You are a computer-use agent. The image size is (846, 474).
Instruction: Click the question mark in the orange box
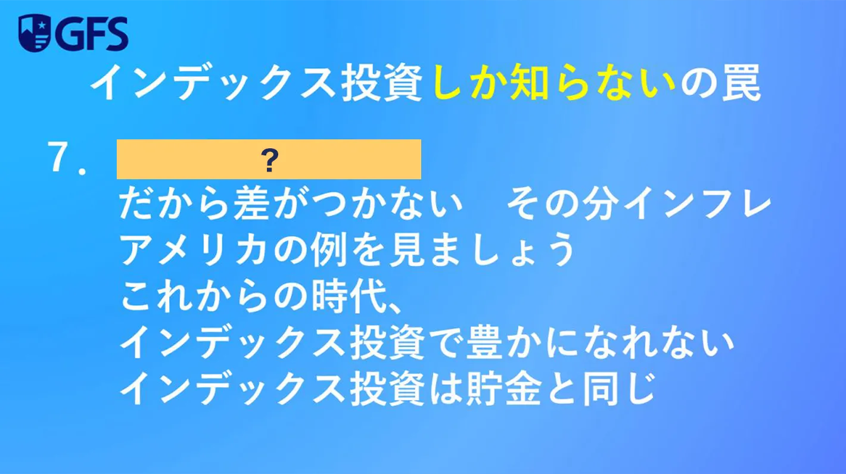point(269,160)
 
